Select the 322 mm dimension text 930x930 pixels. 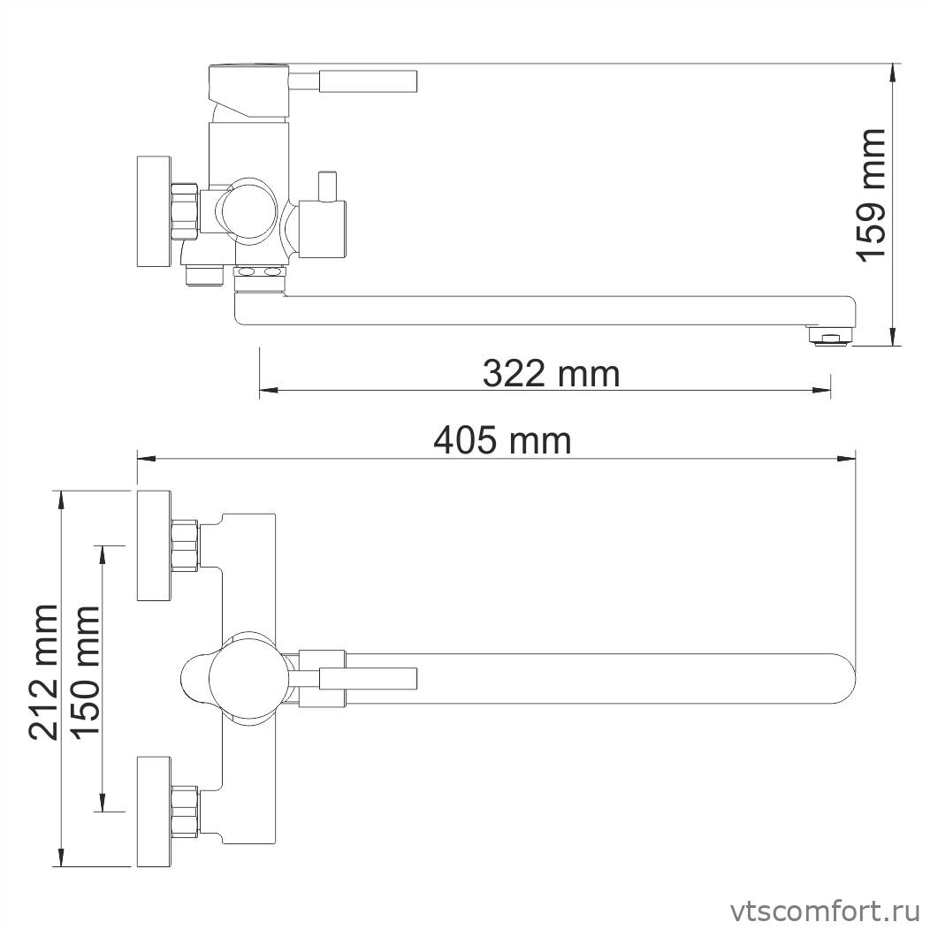(x=551, y=373)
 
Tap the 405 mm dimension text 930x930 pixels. (x=501, y=440)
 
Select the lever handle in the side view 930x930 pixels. (x=367, y=80)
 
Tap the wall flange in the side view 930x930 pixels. (x=152, y=212)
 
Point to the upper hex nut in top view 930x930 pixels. (x=185, y=544)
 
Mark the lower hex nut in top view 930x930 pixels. (x=185, y=811)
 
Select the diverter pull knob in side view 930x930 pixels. (x=328, y=187)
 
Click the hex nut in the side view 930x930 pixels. (x=184, y=211)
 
